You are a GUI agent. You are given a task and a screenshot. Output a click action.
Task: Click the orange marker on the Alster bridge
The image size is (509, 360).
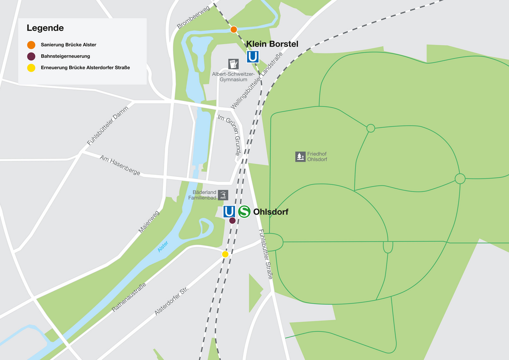pyautogui.click(x=233, y=29)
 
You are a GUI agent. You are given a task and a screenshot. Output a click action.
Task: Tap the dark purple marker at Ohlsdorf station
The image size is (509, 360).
pyautogui.click(x=232, y=220)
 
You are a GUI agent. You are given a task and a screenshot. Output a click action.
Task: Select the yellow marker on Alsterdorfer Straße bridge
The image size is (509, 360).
pyautogui.click(x=225, y=254)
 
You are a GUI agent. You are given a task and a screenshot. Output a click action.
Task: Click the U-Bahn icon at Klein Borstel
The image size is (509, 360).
pyautogui.click(x=253, y=57)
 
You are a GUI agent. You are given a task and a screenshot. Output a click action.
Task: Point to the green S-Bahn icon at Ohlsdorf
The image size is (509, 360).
pyautogui.click(x=244, y=211)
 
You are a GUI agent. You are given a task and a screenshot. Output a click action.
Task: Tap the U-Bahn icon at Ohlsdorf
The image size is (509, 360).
pyautogui.click(x=229, y=211)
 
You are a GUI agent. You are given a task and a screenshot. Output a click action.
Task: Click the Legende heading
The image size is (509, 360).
pyautogui.click(x=45, y=28)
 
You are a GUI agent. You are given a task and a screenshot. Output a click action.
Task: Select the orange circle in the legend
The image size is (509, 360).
pyautogui.click(x=31, y=45)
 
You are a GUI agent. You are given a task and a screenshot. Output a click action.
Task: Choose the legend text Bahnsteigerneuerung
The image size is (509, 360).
pyautogui.click(x=65, y=56)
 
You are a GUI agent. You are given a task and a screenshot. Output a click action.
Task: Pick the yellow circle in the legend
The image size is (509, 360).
pyautogui.click(x=31, y=67)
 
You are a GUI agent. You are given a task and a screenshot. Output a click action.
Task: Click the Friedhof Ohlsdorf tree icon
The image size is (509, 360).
pyautogui.click(x=300, y=156)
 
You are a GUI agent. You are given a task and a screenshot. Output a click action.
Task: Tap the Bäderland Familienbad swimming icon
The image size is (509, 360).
pyautogui.click(x=223, y=195)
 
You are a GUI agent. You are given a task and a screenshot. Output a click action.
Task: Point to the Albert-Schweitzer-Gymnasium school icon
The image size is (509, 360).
pyautogui.click(x=233, y=64)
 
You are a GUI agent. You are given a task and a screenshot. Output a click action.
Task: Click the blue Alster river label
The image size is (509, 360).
pyautogui.click(x=163, y=246)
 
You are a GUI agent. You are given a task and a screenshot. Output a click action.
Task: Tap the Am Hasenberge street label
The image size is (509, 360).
pyautogui.click(x=120, y=165)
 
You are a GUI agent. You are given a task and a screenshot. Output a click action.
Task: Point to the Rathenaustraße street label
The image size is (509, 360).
pyautogui.click(x=129, y=297)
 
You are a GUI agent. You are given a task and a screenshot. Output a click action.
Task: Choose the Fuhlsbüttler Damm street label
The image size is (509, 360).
pyautogui.click(x=107, y=126)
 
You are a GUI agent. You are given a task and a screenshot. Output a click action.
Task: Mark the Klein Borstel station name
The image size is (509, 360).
pyautogui.click(x=272, y=44)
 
